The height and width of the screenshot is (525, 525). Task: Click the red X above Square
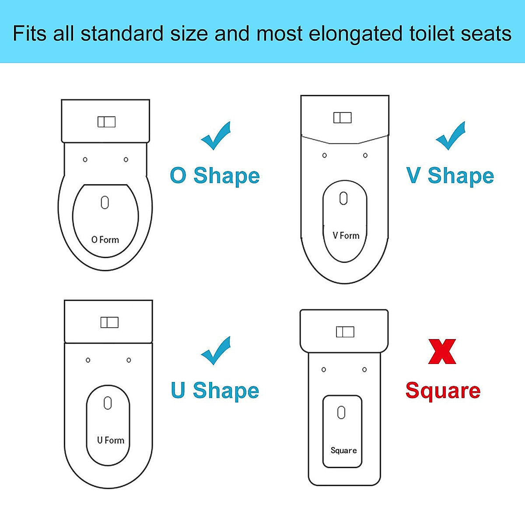pos(442,352)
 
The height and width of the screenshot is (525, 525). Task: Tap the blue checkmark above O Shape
pos(216,136)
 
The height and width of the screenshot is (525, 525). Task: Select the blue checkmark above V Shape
pos(451,136)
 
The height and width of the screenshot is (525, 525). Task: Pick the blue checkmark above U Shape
pos(216,351)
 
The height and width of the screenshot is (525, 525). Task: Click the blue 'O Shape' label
pos(215,176)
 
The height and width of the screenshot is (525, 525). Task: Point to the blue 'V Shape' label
pos(450,176)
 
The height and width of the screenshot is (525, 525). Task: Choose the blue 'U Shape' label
pos(215,391)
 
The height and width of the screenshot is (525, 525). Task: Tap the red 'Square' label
pos(443,391)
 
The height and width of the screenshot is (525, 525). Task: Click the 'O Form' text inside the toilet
pos(105,240)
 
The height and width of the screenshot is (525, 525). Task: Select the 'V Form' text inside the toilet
pos(346,236)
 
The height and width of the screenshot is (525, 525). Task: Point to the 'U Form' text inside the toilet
pos(111,440)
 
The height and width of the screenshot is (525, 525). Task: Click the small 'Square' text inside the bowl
pos(343,451)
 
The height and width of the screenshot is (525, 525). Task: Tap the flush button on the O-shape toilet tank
pos(106,122)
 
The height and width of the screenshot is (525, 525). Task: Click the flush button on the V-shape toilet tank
pos(343,118)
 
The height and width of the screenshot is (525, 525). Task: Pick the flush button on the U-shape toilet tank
pos(109,322)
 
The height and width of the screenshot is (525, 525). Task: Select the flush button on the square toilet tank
pos(345,332)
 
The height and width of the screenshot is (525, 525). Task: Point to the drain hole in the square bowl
pos(342,413)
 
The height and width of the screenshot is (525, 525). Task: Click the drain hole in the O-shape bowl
pos(105,203)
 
